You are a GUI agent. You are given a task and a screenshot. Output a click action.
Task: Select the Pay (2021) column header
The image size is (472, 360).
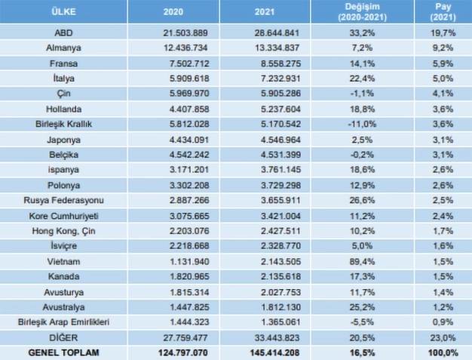[x=443, y=12]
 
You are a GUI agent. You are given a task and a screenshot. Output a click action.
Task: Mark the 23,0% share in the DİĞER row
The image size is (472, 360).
[x=443, y=336]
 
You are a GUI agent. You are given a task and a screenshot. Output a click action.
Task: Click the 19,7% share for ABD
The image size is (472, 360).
[x=443, y=33]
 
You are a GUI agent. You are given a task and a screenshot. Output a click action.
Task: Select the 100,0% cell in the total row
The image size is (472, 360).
[x=443, y=352]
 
